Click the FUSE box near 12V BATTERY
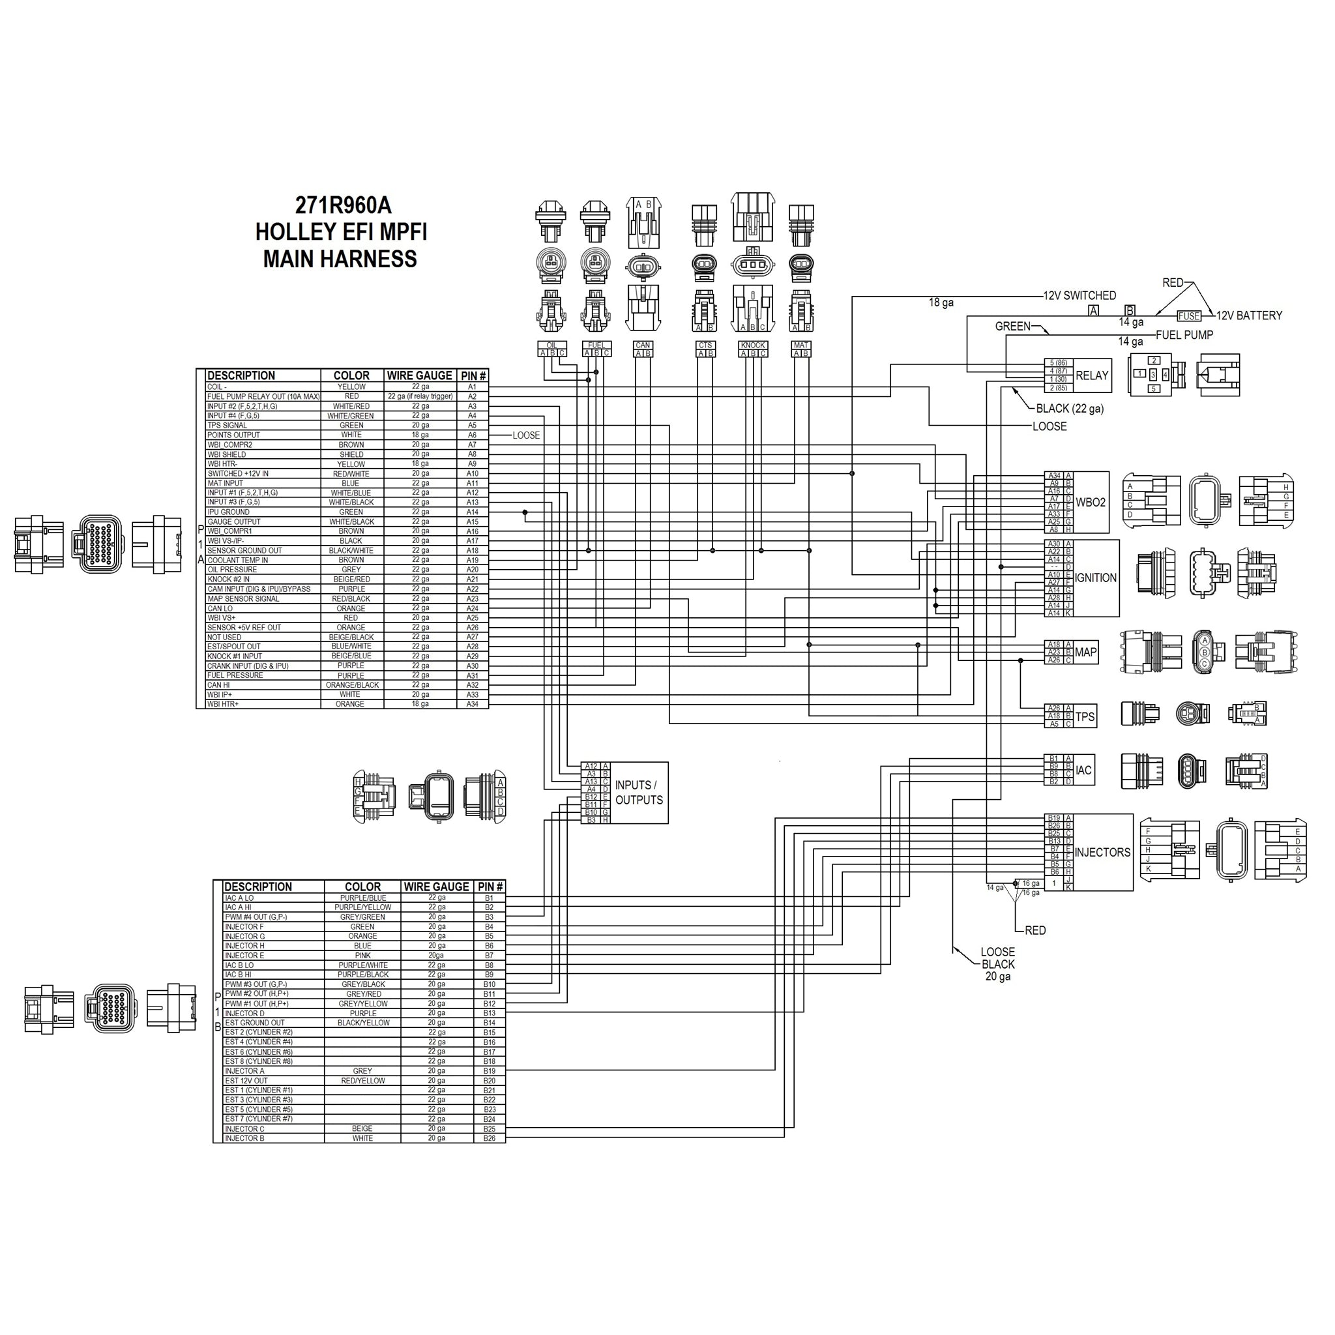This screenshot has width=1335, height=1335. pos(1188,315)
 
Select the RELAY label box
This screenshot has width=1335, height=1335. pos(1092,376)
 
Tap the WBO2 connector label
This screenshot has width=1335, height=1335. pos(1091,503)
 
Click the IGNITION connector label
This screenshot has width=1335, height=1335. pos(1096,578)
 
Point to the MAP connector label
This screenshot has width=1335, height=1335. pos(1085,653)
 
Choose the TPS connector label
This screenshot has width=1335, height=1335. pos(1085,716)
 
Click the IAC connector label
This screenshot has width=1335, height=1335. pos(1083,770)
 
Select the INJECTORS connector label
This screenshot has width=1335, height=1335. pos(1102,852)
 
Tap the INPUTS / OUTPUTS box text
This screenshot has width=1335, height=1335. pos(638,793)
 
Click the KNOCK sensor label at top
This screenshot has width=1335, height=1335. pos(752,345)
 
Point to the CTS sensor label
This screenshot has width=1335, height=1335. pos(705,345)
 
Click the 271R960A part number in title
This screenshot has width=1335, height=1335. pos(343,205)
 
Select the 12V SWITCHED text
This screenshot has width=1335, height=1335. pos(1079,295)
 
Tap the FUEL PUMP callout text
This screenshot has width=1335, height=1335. pos(1184,334)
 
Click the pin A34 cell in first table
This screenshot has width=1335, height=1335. pos(473,704)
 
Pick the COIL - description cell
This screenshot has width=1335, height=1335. pos(263,387)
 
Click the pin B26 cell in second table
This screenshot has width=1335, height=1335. pos(490,1138)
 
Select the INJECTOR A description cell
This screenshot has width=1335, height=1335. pos(274,1070)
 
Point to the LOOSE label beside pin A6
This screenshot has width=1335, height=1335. pos(526,435)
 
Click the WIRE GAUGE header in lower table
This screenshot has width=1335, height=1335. pos(436,887)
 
